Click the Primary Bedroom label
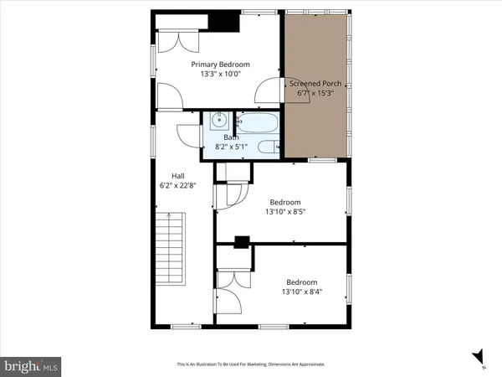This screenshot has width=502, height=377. coord(220,65)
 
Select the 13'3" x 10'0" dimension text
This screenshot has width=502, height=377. coord(220,75)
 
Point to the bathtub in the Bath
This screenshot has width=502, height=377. coord(256,125)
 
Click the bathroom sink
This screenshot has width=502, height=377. coord(217,121)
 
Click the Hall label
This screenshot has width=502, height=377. coord(177,175)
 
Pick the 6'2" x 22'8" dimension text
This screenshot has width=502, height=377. coord(177,185)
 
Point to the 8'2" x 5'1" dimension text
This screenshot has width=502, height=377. coord(231,147)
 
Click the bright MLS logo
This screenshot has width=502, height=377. coord(32,366)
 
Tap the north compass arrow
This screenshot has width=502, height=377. coord(478,356)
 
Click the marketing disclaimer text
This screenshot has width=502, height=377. coord(250,364)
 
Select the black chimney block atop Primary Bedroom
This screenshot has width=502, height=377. coord(223,22)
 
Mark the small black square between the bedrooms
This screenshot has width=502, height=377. coord(242,243)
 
